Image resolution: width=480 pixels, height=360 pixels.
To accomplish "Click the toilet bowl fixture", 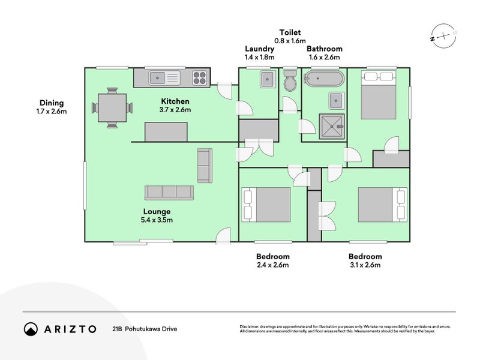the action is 290,80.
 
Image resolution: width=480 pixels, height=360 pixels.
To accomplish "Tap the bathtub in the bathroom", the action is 324,79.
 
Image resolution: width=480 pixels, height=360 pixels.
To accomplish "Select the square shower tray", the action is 332,127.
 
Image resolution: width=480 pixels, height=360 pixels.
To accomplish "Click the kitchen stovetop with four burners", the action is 199,78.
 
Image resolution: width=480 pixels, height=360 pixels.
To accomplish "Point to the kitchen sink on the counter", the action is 164,78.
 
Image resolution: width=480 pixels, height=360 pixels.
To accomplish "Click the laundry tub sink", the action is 267,79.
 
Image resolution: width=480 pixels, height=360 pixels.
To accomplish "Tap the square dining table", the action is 112,108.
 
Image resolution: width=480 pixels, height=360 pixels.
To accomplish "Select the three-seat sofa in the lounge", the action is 169,193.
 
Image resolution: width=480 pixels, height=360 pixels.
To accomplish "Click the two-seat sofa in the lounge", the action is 205,166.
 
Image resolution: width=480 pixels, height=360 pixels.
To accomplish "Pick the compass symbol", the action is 443,36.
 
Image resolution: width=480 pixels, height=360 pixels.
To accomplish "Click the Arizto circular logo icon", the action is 31,329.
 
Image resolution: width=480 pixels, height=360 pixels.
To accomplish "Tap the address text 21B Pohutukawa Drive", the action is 145,329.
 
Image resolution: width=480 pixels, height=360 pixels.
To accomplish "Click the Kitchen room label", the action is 175,101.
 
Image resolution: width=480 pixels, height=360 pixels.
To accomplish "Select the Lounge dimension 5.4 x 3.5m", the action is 157,220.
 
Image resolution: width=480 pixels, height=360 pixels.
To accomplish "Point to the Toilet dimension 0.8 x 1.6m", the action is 290,41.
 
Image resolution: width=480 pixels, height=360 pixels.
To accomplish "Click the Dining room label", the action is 52,103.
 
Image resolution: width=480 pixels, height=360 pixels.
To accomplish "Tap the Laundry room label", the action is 260,49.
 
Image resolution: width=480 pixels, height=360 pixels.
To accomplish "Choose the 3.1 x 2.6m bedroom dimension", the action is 365,265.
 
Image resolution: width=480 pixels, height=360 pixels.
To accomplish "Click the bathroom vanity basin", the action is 336,100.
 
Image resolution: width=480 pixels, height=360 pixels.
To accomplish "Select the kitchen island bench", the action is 166,131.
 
